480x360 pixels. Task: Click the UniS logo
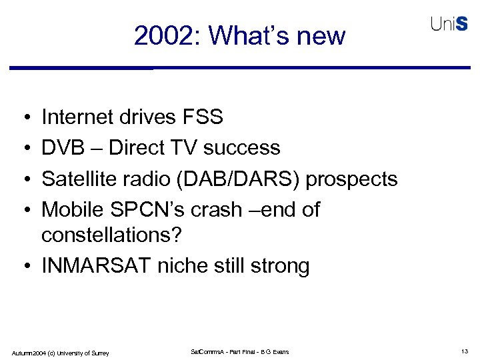pyautogui.click(x=449, y=24)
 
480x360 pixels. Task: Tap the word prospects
pyautogui.click(x=353, y=179)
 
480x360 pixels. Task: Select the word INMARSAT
pyautogui.click(x=97, y=266)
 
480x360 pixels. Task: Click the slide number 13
pyautogui.click(x=465, y=351)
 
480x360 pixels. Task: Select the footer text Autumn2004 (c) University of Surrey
pyautogui.click(x=60, y=352)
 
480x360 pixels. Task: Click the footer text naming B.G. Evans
pyautogui.click(x=240, y=351)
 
